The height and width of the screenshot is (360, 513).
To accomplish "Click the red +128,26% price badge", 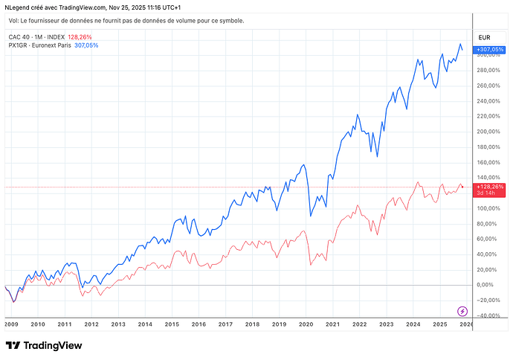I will coord(490,186).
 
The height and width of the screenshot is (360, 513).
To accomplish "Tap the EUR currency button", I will coord(485,36).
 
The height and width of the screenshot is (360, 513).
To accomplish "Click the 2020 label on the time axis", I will coord(305,324).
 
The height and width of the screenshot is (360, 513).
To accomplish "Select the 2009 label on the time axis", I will coord(11,324).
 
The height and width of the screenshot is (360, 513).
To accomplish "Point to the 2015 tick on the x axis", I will coord(171,324).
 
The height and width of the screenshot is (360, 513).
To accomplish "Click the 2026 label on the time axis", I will coord(465,324).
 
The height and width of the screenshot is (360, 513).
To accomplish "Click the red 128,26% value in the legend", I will coord(79,36).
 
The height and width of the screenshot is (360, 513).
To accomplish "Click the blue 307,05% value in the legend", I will coord(86,45).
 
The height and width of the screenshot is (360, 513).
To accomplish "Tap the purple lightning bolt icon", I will coord(462,311).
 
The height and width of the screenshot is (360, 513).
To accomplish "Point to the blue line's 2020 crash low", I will coord(310,216).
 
